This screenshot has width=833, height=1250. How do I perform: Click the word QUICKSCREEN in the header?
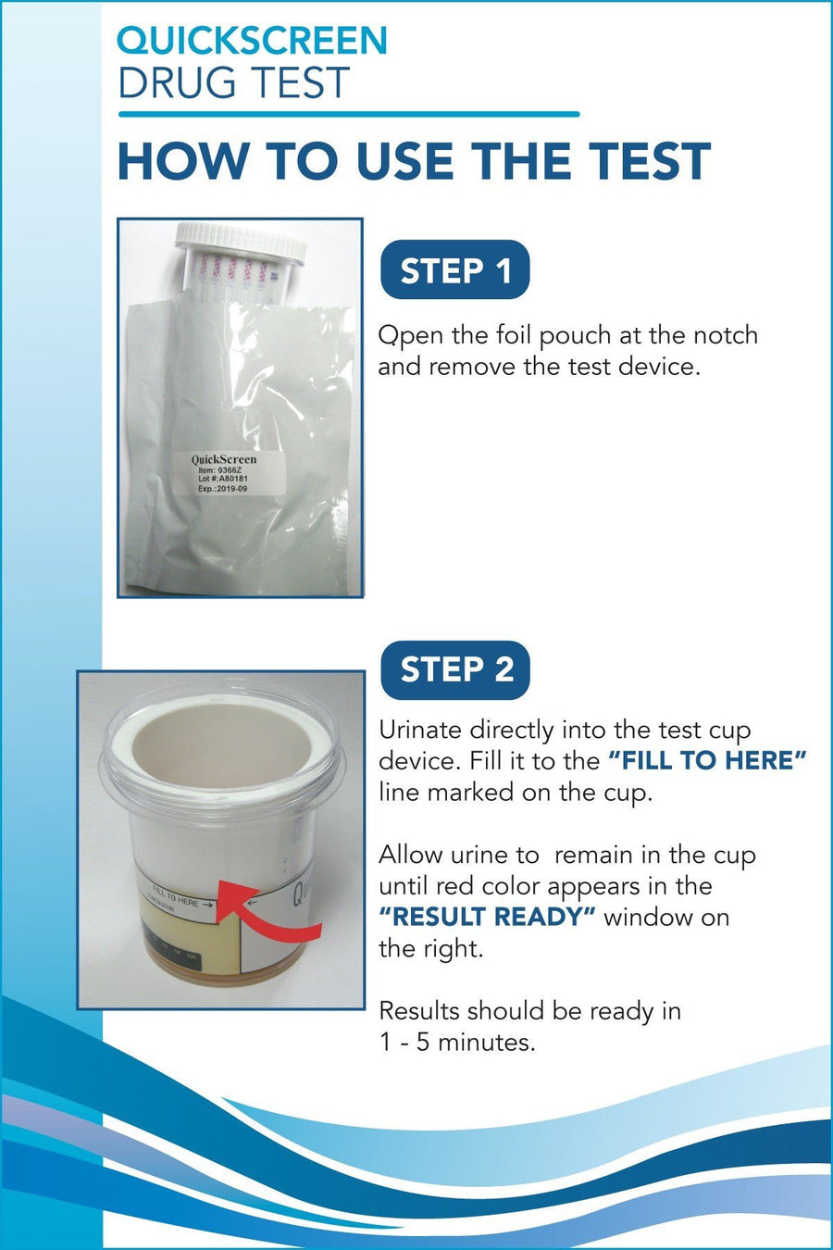point(252,41)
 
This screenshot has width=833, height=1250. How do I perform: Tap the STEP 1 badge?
point(455,269)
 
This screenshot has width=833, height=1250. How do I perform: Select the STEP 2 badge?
point(455,669)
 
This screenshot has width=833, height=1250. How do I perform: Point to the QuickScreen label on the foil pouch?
point(230,473)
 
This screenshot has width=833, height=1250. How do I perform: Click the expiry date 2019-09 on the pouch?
point(229,489)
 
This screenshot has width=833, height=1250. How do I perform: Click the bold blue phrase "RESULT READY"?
point(487,917)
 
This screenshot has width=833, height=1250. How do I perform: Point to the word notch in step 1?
point(726,335)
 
